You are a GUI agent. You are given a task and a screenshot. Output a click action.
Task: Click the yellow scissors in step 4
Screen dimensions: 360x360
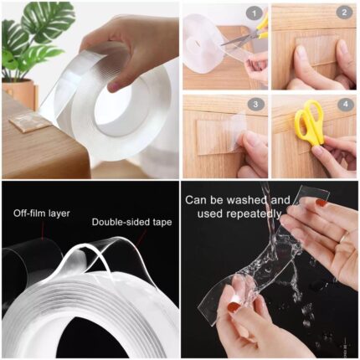point(310,121)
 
